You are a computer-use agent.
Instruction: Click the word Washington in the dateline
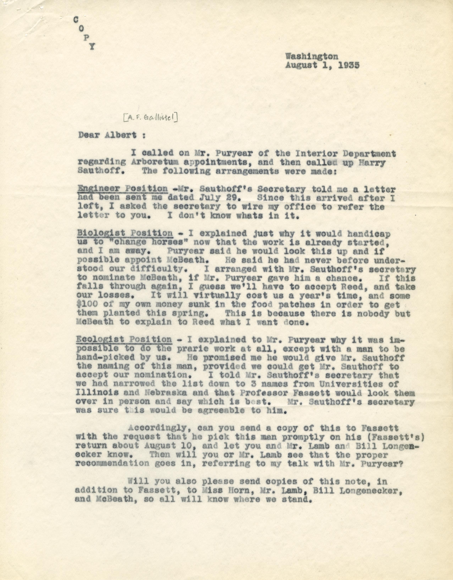click(x=312, y=56)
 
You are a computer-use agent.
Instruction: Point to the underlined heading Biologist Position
click(x=125, y=233)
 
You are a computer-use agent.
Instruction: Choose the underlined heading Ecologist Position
click(x=124, y=339)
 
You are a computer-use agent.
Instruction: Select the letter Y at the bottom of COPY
click(x=91, y=47)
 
